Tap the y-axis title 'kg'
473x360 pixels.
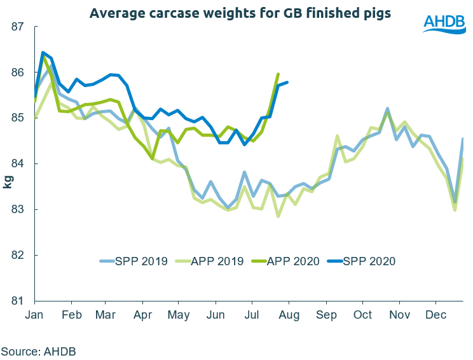coord(8,182)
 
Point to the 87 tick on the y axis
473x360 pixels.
coord(17,27)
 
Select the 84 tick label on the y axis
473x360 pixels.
coord(17,164)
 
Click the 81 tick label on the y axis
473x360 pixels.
coord(17,301)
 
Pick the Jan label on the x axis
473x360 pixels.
coord(35,315)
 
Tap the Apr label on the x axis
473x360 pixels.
coord(143,315)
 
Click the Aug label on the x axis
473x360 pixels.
coord(289,315)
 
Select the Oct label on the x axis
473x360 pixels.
coord(363,315)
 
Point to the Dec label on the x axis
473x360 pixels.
coord(435,315)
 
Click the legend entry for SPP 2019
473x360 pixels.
coord(134,261)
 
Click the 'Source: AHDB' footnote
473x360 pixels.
coord(38,350)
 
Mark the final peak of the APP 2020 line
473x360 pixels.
coord(278,74)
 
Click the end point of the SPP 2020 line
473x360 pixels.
coord(288,82)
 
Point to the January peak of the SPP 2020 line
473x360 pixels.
coord(43,52)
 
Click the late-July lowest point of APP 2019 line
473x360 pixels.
coord(278,216)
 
